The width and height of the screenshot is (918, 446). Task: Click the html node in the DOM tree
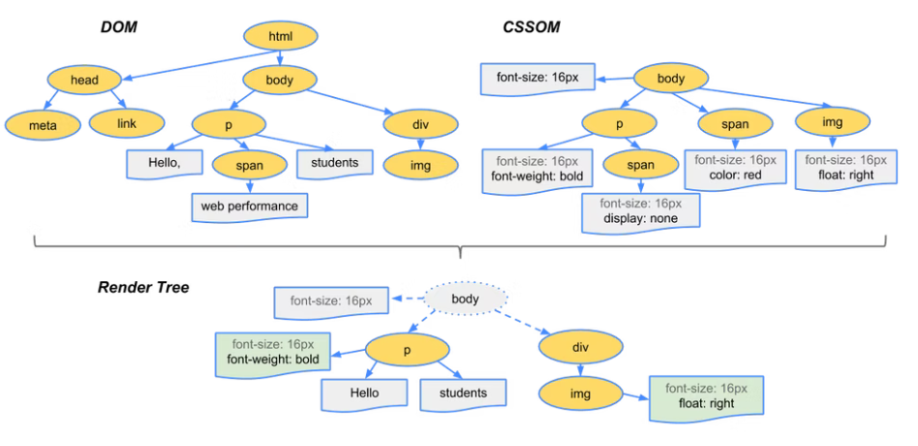pos(280,37)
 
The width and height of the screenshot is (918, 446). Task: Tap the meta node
pos(43,124)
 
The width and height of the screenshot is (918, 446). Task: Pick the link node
pos(127,123)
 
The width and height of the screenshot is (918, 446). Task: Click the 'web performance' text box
pos(249,207)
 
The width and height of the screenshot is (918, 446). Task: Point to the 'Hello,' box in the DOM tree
pos(164,163)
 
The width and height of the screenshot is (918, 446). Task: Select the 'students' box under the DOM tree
pos(335,163)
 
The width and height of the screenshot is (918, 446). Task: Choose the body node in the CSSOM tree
pos(670,79)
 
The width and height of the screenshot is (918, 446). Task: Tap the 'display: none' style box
pos(640,211)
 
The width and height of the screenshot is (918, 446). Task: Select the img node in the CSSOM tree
pos(833,123)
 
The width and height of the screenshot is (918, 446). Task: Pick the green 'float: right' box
pos(707,396)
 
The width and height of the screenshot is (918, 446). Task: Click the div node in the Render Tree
pos(577,346)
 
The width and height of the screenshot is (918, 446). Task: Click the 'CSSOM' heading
pos(531,26)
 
